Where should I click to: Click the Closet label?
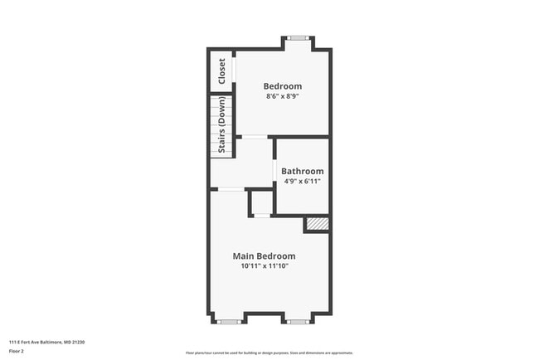tap(222, 71)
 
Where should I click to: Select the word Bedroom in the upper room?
tap(283, 86)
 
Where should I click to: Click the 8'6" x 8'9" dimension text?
tap(283, 96)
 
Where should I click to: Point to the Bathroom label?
tap(302, 172)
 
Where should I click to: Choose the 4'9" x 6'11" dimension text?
tap(302, 181)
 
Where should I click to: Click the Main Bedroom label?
tap(264, 256)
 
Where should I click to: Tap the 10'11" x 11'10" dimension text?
tap(264, 266)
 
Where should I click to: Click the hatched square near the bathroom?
tap(317, 223)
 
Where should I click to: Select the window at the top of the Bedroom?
tap(299, 37)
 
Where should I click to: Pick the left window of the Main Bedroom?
tap(229, 321)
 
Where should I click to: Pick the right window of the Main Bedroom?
tap(298, 321)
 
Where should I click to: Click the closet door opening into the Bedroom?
tap(234, 71)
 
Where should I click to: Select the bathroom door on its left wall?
tap(274, 169)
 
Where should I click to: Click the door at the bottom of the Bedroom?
tap(255, 136)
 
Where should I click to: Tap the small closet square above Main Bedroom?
tap(261, 203)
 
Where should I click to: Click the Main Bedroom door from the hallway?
tap(231, 190)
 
